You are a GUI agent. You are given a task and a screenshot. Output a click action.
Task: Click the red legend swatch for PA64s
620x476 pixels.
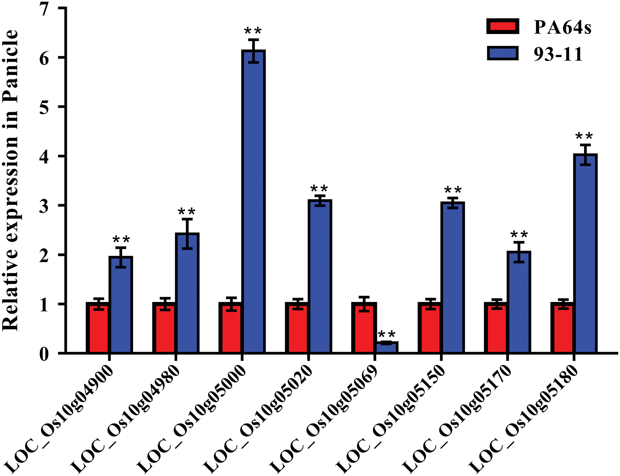click(503, 26)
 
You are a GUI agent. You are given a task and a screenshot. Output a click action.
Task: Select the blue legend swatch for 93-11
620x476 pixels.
click(503, 53)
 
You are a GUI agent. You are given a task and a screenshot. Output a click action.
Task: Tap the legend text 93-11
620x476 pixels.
click(558, 54)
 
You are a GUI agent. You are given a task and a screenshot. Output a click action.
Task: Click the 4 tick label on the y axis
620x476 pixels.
click(44, 156)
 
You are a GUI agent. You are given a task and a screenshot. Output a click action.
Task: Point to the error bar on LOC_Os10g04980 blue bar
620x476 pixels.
click(187, 233)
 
